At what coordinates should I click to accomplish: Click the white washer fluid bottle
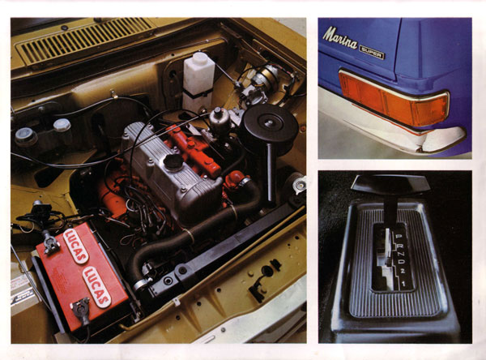point(198,78)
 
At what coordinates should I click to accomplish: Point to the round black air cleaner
point(271,129)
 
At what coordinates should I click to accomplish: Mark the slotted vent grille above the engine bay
point(84,38)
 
